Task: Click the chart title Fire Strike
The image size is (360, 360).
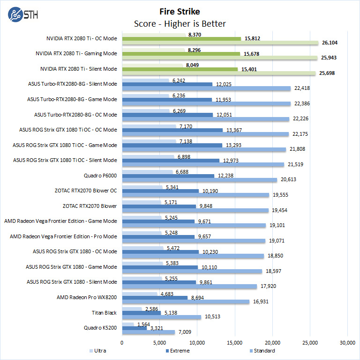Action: [180, 11]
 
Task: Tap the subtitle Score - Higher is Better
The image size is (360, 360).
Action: [180, 23]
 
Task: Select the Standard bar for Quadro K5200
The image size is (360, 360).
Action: [149, 332]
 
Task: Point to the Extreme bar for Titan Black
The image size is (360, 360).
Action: [142, 312]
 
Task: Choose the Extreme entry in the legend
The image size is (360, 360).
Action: [178, 350]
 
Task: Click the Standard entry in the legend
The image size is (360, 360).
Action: [262, 350]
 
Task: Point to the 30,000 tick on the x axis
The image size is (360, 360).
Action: [347, 342]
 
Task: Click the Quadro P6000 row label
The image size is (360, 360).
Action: [100, 176]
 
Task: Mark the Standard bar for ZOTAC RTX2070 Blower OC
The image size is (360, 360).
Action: [195, 195]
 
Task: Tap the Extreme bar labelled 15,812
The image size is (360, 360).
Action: [181, 38]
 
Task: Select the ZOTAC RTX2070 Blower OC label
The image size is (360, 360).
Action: [86, 191]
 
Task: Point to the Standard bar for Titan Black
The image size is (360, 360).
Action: [162, 317]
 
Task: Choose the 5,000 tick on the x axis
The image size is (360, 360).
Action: [160, 342]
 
